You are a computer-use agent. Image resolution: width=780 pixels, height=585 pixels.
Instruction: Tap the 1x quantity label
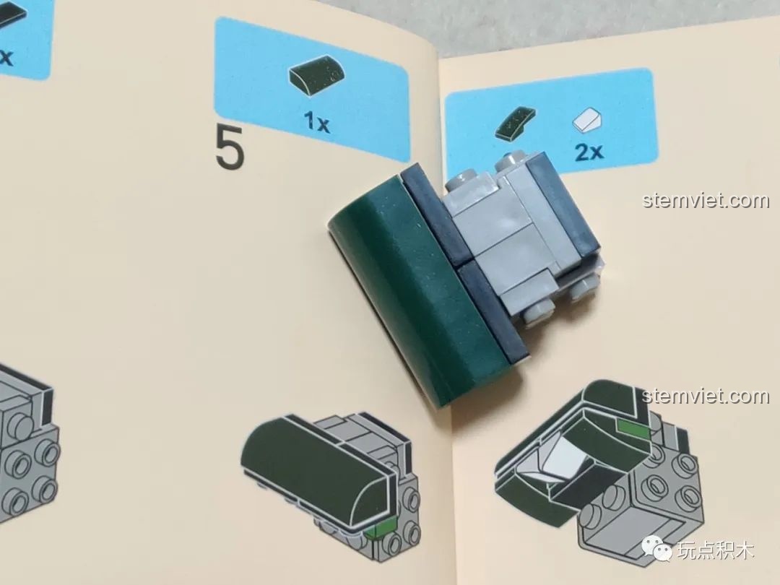pyautogui.click(x=317, y=121)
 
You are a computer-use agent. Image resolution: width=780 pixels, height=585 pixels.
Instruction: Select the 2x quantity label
pyautogui.click(x=589, y=151)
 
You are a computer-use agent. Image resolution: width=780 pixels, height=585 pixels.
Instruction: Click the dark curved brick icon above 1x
pyautogui.click(x=316, y=77)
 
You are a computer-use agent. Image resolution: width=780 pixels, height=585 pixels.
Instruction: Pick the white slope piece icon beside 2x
pyautogui.click(x=587, y=120)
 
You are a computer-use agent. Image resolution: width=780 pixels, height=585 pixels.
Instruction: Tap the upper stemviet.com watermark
pyautogui.click(x=706, y=200)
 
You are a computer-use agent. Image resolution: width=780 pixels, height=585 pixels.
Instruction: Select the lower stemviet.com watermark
pyautogui.click(x=706, y=396)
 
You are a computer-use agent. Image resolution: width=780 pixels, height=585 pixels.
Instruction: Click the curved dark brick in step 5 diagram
pyautogui.click(x=316, y=465)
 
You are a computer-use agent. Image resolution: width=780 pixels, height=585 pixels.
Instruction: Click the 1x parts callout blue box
pyautogui.click(x=312, y=89)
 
